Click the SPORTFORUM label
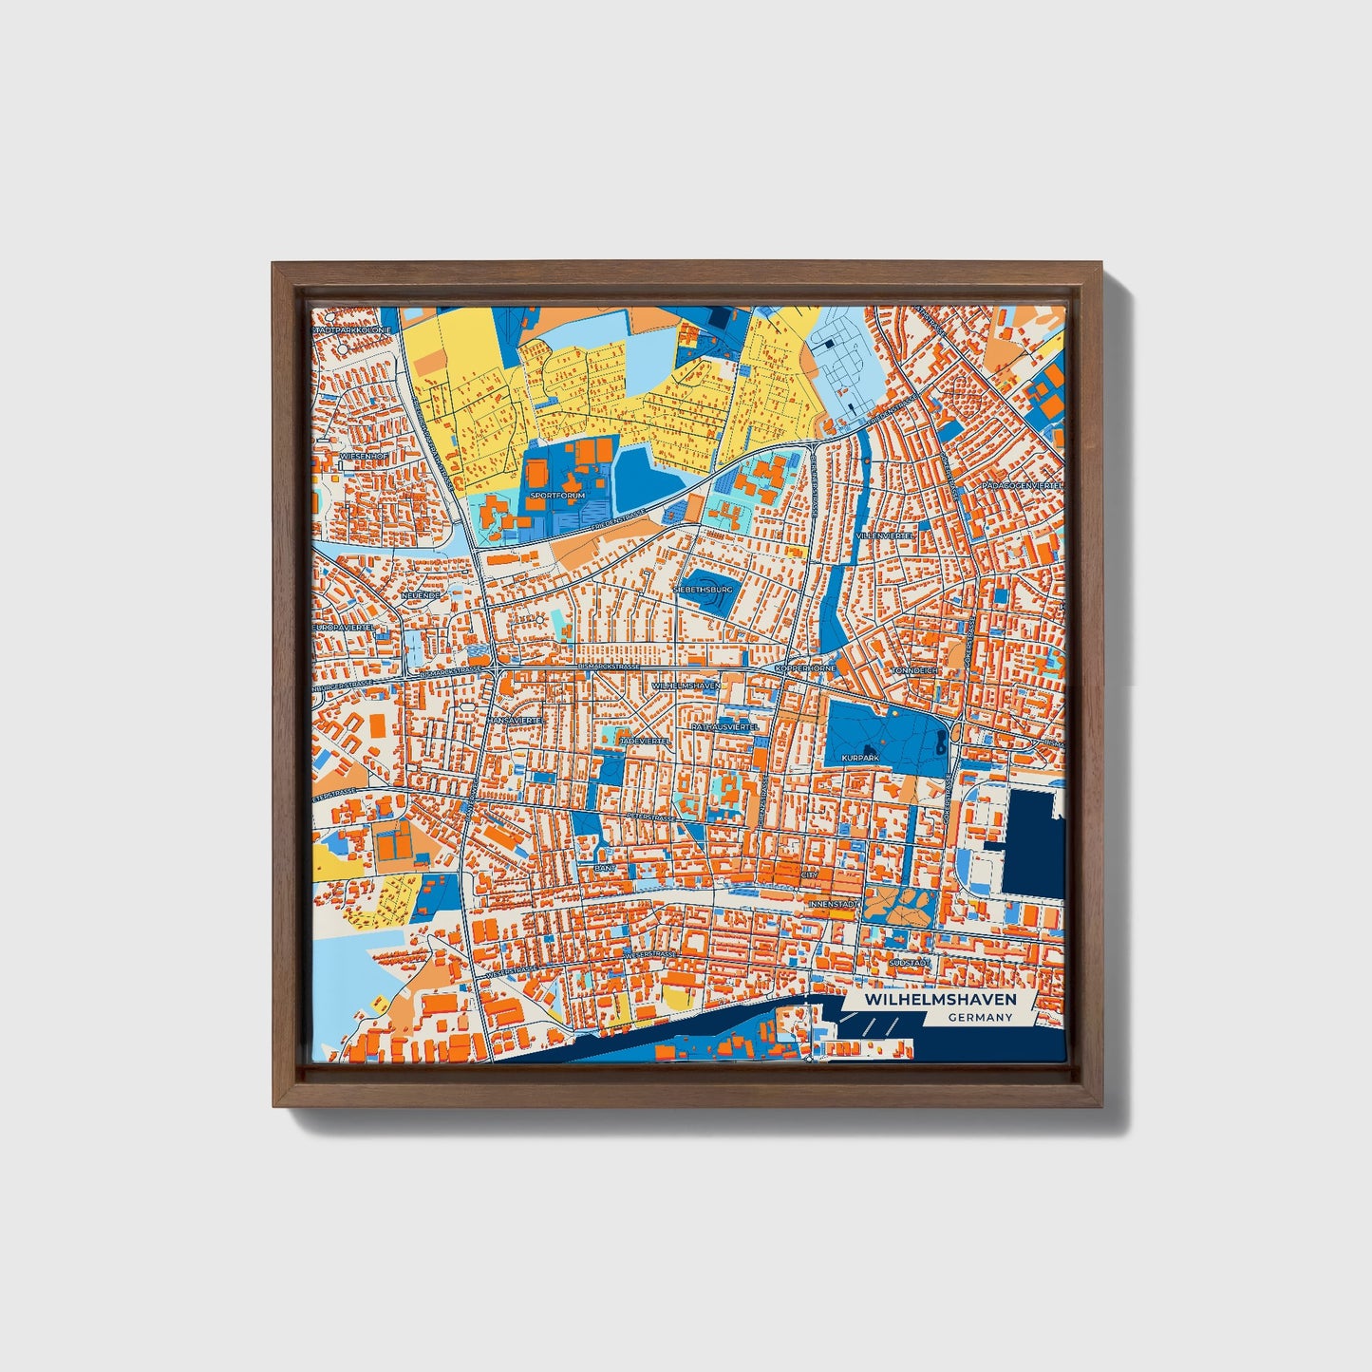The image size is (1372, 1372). (x=558, y=496)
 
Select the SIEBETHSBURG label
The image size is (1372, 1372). (x=703, y=590)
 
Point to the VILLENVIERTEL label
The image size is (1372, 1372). (x=885, y=536)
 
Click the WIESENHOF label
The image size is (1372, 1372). (x=363, y=457)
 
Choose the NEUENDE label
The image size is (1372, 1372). (x=421, y=595)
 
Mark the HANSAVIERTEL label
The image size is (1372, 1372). (x=514, y=721)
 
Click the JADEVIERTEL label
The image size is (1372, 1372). (x=644, y=741)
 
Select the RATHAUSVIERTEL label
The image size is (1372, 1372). (x=724, y=726)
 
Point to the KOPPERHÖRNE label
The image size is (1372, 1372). (x=805, y=668)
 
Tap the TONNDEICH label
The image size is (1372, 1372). (x=914, y=670)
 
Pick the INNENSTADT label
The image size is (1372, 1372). (x=833, y=904)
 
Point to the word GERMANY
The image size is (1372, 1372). (x=980, y=1018)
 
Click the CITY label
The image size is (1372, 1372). (x=809, y=875)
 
